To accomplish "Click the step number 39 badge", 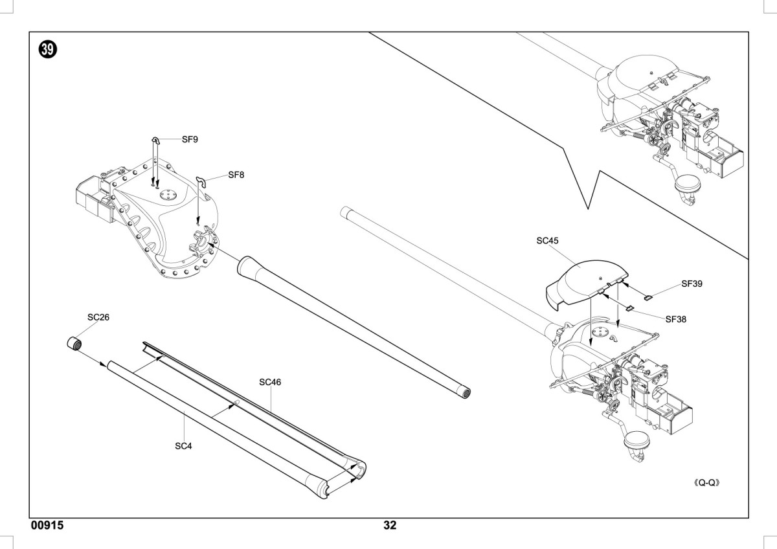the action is [x=47, y=49].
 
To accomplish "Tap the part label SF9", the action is [x=190, y=139].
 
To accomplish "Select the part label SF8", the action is [x=236, y=175].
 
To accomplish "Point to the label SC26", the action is [x=98, y=317].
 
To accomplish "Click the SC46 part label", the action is [x=270, y=382].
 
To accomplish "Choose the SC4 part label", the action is [x=183, y=446].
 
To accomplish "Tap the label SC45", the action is [x=547, y=241].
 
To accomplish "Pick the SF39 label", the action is [x=692, y=284].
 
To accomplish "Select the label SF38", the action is [x=676, y=319].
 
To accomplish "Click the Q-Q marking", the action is [x=706, y=483].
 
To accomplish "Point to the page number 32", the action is [x=390, y=525].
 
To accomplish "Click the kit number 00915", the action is [x=47, y=525].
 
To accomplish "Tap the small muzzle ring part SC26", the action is [x=74, y=343].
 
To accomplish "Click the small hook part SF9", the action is [x=156, y=140].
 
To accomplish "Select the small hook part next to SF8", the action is [x=201, y=182].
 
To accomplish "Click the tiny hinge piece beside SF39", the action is [x=648, y=297].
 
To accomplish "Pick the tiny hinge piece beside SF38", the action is [x=629, y=308].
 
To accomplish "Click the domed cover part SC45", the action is [x=587, y=283].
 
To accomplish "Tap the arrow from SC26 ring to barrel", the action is [x=93, y=359].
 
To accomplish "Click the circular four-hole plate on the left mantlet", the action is [x=168, y=195].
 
